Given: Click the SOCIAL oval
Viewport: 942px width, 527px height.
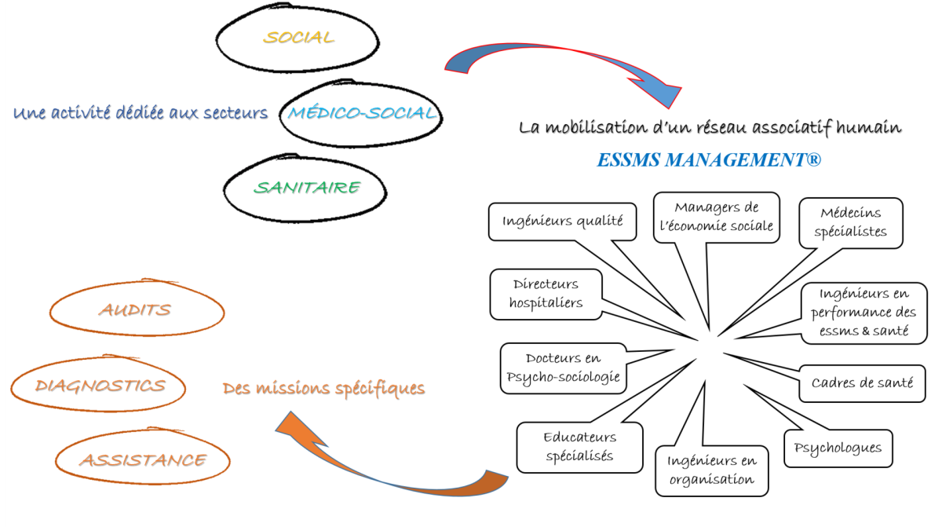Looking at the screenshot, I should point(298,38).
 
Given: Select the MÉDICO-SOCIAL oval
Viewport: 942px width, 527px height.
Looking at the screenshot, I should point(362,112).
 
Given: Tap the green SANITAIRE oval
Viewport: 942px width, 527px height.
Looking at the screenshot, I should point(305,188).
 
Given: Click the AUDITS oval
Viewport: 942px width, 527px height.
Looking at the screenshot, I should point(135,310).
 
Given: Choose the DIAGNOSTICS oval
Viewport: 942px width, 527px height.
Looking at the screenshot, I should point(100,386).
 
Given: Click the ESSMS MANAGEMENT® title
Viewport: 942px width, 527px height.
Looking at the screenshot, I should point(708,160).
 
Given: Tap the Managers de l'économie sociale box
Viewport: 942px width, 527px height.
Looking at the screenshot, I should point(717,217).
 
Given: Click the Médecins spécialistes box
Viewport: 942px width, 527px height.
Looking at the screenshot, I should point(851,222).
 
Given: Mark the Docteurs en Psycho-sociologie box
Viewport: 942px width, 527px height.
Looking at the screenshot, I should point(564,368).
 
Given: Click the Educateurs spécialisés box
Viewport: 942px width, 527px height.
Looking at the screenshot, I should point(580,446).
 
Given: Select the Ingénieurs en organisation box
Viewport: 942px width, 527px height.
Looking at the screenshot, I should point(712,470).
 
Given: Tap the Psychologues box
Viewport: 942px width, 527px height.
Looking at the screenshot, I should point(838,448).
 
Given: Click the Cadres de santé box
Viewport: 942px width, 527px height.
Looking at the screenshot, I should point(862,383).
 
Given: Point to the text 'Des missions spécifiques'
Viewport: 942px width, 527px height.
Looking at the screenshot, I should point(323,389).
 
